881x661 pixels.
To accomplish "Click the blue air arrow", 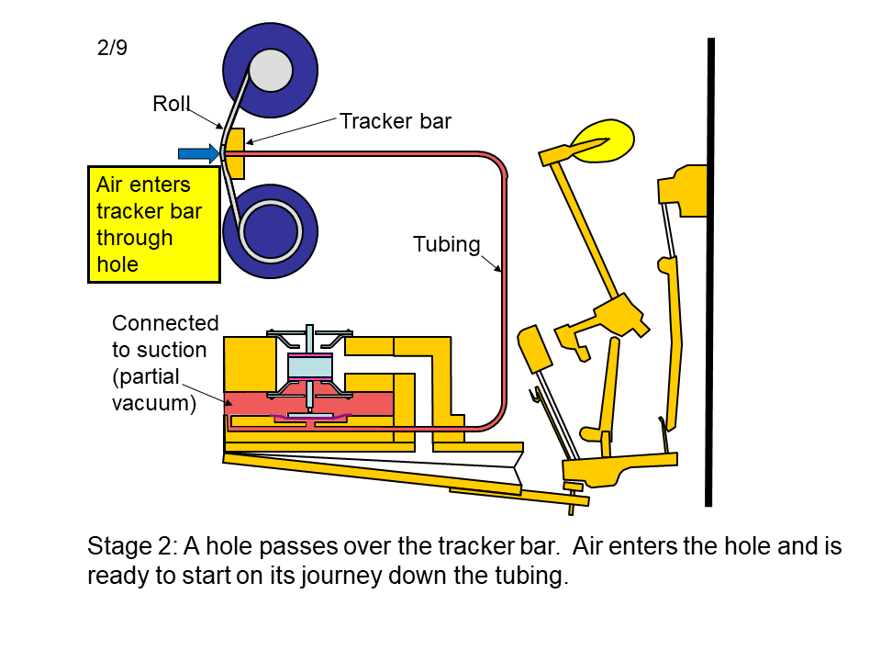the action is pyautogui.click(x=198, y=153).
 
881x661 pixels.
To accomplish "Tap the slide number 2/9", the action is pyautogui.click(x=112, y=47).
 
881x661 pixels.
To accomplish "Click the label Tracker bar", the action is pyautogui.click(x=396, y=121).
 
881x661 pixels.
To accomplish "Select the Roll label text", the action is pyautogui.click(x=172, y=104).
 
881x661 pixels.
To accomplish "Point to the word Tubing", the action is pyautogui.click(x=447, y=244).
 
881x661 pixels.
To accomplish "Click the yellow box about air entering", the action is pyautogui.click(x=154, y=224).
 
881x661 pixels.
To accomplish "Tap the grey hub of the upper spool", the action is pyautogui.click(x=270, y=71).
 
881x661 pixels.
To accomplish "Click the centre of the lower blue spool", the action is pyautogui.click(x=270, y=231).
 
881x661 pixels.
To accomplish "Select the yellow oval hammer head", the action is pyautogui.click(x=602, y=140).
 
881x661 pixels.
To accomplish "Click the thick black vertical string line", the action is pyautogui.click(x=709, y=272).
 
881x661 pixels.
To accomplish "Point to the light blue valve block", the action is pyautogui.click(x=309, y=368).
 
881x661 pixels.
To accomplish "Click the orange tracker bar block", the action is pyautogui.click(x=236, y=153).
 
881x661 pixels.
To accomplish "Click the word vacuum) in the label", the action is pyautogui.click(x=154, y=404).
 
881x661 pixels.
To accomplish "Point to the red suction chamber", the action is pyautogui.click(x=309, y=405).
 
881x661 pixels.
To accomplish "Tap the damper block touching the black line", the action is pyautogui.click(x=682, y=190).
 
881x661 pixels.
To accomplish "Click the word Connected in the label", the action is pyautogui.click(x=165, y=323).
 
